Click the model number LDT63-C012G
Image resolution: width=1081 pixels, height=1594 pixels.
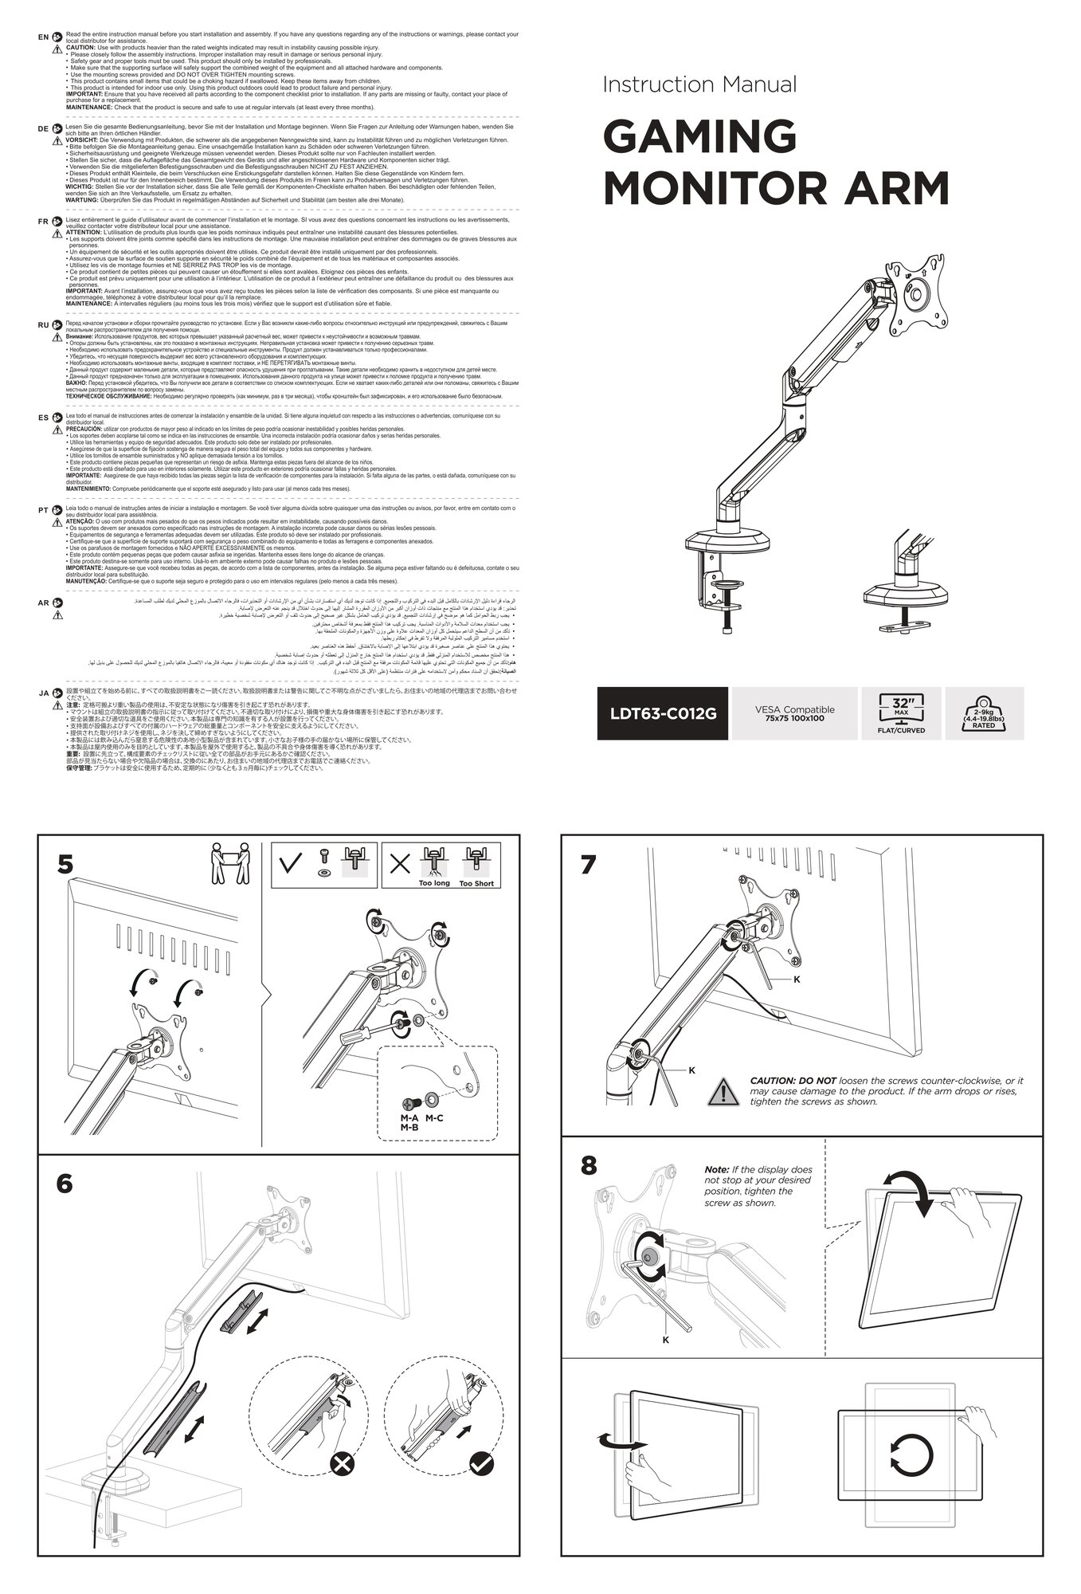663,713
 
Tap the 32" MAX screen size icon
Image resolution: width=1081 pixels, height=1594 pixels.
901,713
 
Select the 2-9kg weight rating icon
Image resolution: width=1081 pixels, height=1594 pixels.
983,713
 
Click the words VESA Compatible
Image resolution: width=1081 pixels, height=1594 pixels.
794,709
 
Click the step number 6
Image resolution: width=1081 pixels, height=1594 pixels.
65,1184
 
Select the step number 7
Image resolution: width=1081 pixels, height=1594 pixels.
588,866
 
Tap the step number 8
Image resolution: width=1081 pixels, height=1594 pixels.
588,1166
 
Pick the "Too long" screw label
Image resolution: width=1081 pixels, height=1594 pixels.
434,883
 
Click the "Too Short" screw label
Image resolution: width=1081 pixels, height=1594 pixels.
476,883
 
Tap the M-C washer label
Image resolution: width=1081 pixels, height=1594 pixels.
434,1118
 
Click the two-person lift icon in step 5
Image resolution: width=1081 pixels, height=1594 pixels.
229,864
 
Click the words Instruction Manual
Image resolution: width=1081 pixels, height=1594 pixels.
699,84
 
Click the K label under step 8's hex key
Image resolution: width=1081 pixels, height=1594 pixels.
666,1341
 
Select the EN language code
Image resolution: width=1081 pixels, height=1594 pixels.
43,37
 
